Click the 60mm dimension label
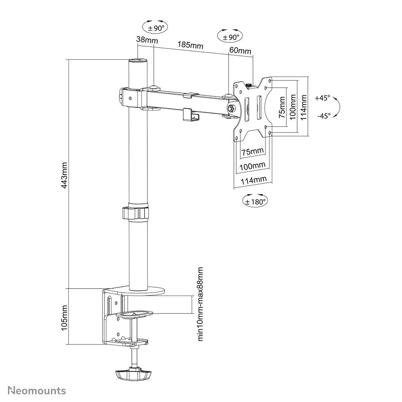[x=240, y=51]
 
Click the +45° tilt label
[x=322, y=98]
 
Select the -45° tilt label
[x=323, y=116]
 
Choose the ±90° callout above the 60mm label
[x=229, y=36]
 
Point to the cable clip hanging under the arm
[x=191, y=114]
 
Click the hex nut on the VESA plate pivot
[x=231, y=108]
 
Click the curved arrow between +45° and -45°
[x=337, y=107]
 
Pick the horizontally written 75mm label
[x=252, y=151]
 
